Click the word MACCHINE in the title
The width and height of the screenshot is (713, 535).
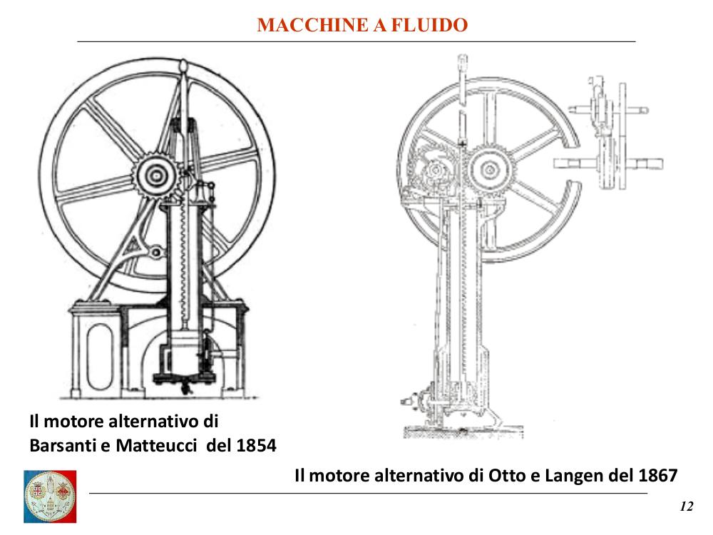[x=313, y=25]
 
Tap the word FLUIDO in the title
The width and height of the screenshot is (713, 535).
[x=430, y=25]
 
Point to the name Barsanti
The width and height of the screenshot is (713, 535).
[x=63, y=445]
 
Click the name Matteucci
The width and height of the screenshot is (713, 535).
[x=156, y=445]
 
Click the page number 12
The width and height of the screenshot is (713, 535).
[x=687, y=506]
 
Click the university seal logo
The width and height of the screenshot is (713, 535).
[x=50, y=496]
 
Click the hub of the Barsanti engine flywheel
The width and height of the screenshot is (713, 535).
[x=156, y=175]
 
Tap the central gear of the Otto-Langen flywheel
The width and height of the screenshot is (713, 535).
[x=489, y=170]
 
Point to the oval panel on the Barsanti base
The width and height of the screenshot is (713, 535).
[x=99, y=357]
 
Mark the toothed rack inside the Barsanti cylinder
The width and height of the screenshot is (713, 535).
[x=183, y=264]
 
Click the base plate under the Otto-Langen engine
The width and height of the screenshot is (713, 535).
[x=463, y=432]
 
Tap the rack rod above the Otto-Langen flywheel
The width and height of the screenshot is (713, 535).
[x=462, y=100]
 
